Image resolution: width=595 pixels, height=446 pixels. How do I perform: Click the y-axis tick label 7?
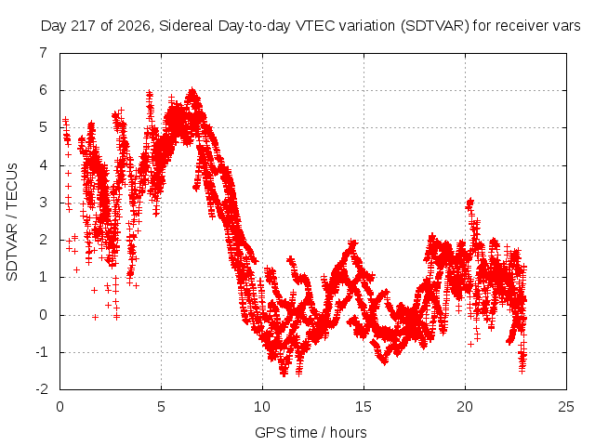pos(44,53)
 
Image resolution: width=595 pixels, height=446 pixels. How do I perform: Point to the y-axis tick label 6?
pos(44,90)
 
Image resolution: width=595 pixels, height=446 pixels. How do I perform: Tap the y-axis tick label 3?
pos(44,203)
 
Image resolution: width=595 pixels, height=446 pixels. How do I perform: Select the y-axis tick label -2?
pos(42,389)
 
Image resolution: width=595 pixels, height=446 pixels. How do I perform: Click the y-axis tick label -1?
pos(42,352)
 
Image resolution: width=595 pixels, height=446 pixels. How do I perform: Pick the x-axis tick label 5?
pos(161,407)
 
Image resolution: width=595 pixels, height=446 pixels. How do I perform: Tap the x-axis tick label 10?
pos(262,407)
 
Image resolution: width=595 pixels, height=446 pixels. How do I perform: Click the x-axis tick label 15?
pos(364,407)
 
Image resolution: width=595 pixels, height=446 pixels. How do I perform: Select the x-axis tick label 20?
pos(465,407)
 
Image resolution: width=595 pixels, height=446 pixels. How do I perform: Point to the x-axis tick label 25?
pos(566,407)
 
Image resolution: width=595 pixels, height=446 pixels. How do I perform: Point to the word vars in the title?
pos(566,27)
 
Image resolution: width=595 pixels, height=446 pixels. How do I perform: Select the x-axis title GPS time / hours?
pos(311,432)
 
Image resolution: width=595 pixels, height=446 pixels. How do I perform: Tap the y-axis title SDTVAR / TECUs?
pos(12,222)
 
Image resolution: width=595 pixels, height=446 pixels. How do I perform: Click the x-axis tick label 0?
pos(59,407)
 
